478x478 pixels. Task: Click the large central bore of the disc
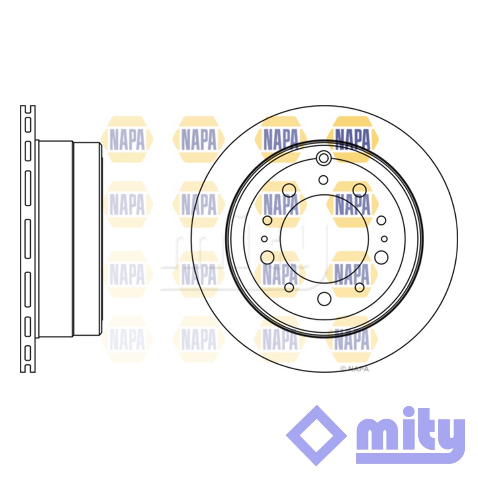(324, 239)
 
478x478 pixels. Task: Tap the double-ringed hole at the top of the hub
(323, 158)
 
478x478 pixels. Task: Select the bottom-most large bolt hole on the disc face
(324, 299)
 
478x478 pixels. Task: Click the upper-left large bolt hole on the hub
(289, 190)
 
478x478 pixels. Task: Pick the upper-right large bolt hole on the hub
(359, 190)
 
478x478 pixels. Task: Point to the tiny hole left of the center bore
(264, 239)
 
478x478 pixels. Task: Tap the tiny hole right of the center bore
(384, 239)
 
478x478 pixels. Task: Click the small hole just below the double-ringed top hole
(323, 180)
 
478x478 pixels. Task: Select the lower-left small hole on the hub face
(289, 287)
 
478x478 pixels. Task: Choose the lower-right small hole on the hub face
(359, 287)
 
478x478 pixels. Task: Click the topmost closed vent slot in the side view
(28, 125)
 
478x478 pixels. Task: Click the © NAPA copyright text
(354, 369)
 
